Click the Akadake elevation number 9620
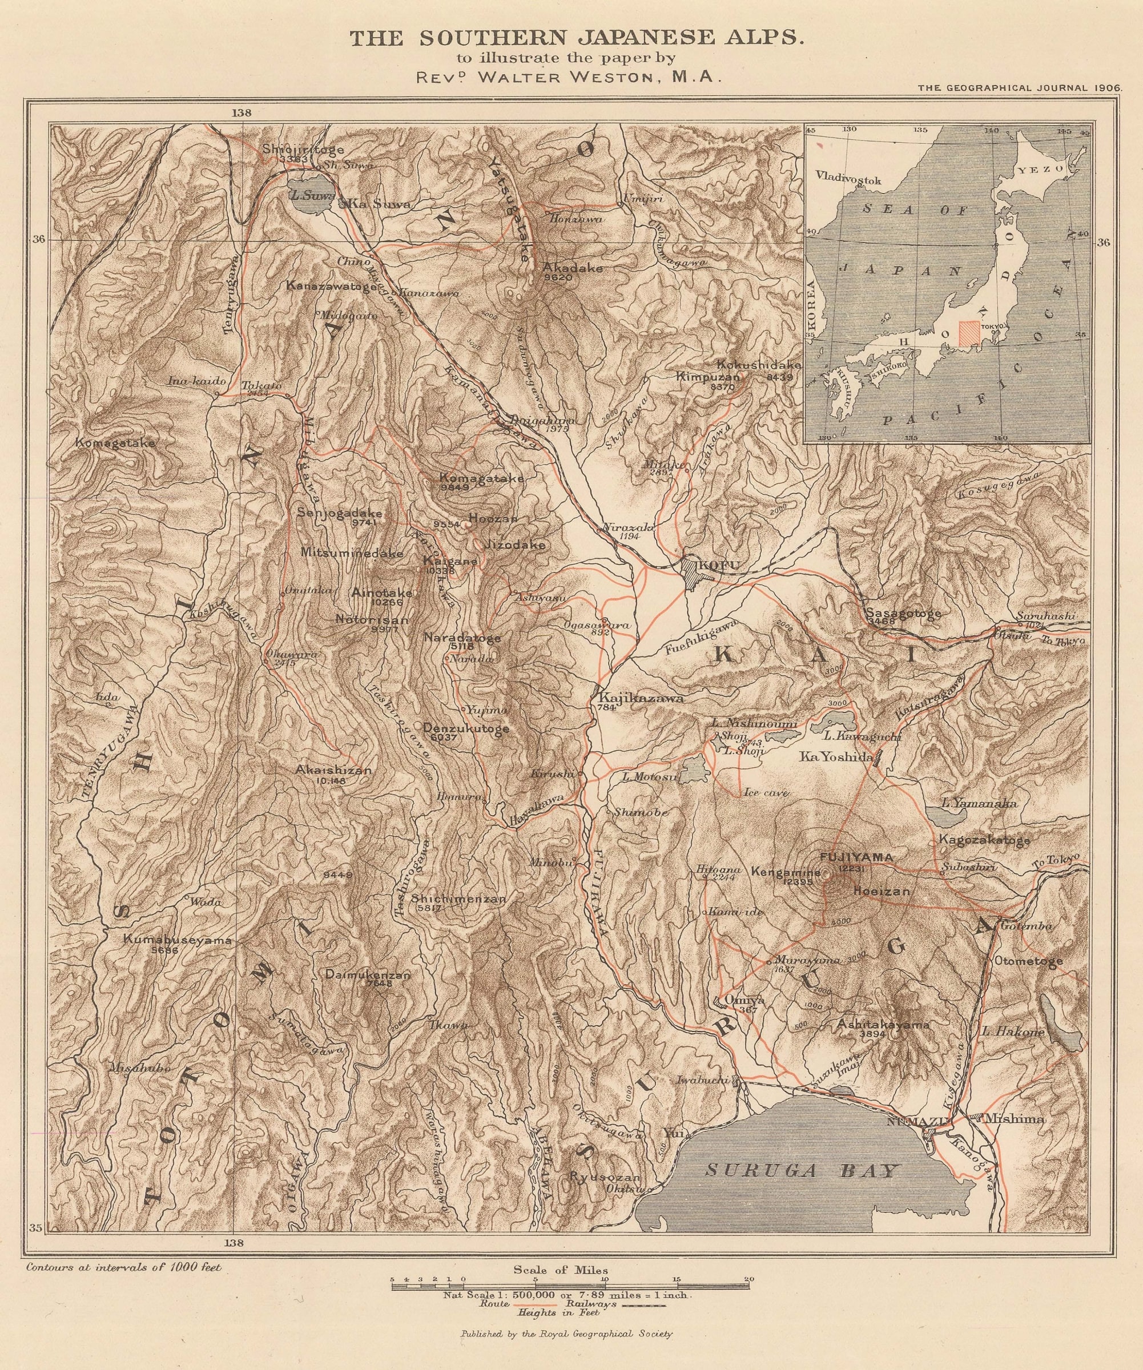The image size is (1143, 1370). coord(558,277)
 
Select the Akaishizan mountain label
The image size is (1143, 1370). coord(333,771)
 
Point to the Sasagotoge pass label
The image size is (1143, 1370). coord(904,613)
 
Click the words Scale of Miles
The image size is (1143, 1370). coord(561,1270)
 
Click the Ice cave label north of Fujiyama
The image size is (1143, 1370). coord(766,793)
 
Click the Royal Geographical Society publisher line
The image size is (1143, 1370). coord(566,1347)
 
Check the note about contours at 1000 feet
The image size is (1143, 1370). coord(124,1268)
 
